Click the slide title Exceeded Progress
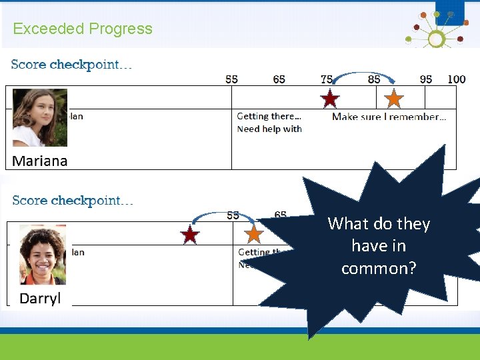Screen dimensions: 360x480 (x=83, y=29)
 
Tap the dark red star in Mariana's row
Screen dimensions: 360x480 (x=330, y=99)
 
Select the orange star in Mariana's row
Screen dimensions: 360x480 (x=394, y=99)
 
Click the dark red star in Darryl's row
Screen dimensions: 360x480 (x=190, y=235)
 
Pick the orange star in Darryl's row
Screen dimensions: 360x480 (x=253, y=234)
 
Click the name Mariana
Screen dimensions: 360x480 (x=40, y=161)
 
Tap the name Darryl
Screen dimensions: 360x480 (x=40, y=298)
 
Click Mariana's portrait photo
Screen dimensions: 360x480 (x=40, y=117)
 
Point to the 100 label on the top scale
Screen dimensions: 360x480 (x=457, y=79)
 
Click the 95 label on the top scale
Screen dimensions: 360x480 (x=426, y=79)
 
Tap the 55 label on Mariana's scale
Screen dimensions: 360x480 (x=231, y=79)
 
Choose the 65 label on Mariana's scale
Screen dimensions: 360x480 (x=279, y=79)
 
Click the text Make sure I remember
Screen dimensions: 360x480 (x=389, y=117)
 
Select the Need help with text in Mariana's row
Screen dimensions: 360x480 (x=269, y=129)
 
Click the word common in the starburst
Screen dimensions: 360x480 (x=378, y=269)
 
